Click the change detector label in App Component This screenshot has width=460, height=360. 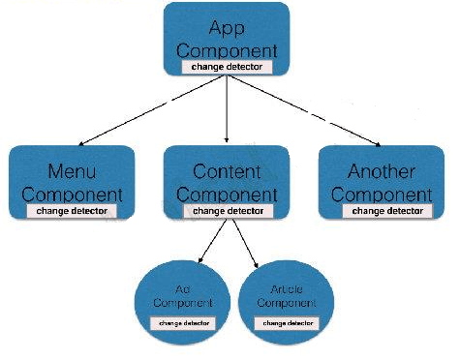[x=227, y=68]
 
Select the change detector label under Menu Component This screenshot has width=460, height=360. [x=71, y=209]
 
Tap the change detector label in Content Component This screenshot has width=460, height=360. [x=227, y=209]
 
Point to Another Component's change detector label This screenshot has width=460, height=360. [x=386, y=209]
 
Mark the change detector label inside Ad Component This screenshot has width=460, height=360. [x=183, y=320]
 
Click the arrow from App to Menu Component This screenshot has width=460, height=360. [x=145, y=108]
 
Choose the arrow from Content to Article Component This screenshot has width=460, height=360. [x=243, y=242]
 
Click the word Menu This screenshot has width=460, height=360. [x=71, y=171]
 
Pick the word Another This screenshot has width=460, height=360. [x=381, y=171]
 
